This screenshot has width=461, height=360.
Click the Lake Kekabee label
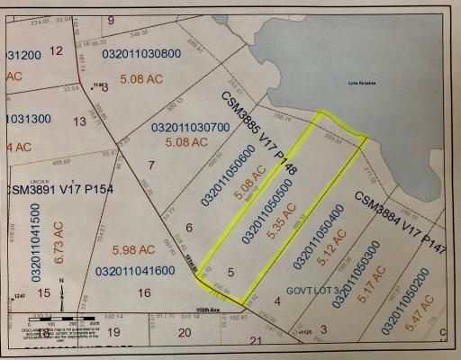click(362, 83)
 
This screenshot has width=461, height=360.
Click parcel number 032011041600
click(135, 270)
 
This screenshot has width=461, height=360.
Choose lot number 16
click(143, 292)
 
